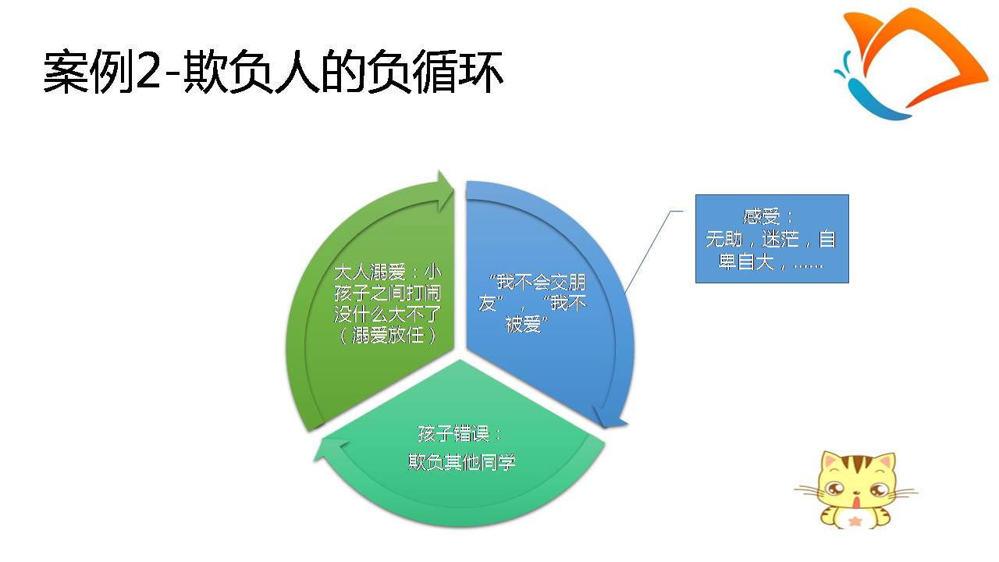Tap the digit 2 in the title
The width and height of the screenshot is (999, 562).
coord(148,71)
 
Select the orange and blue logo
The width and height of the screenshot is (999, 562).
coord(911,65)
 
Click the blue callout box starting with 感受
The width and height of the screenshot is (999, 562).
coord(772,239)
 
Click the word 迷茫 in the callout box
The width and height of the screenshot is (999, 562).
coord(780,239)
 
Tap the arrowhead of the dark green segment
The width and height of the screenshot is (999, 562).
coord(445,191)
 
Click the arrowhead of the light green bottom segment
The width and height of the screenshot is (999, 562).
coord(331,450)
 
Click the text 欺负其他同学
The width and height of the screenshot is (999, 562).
coord(461,462)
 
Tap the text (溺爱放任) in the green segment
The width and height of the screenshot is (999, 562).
coord(388,336)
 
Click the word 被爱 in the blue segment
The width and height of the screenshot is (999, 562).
coord(523,324)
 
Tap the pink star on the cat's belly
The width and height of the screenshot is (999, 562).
coord(855,521)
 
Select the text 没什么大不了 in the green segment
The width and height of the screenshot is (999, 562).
coord(388,315)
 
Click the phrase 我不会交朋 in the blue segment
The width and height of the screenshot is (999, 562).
coord(541,282)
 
